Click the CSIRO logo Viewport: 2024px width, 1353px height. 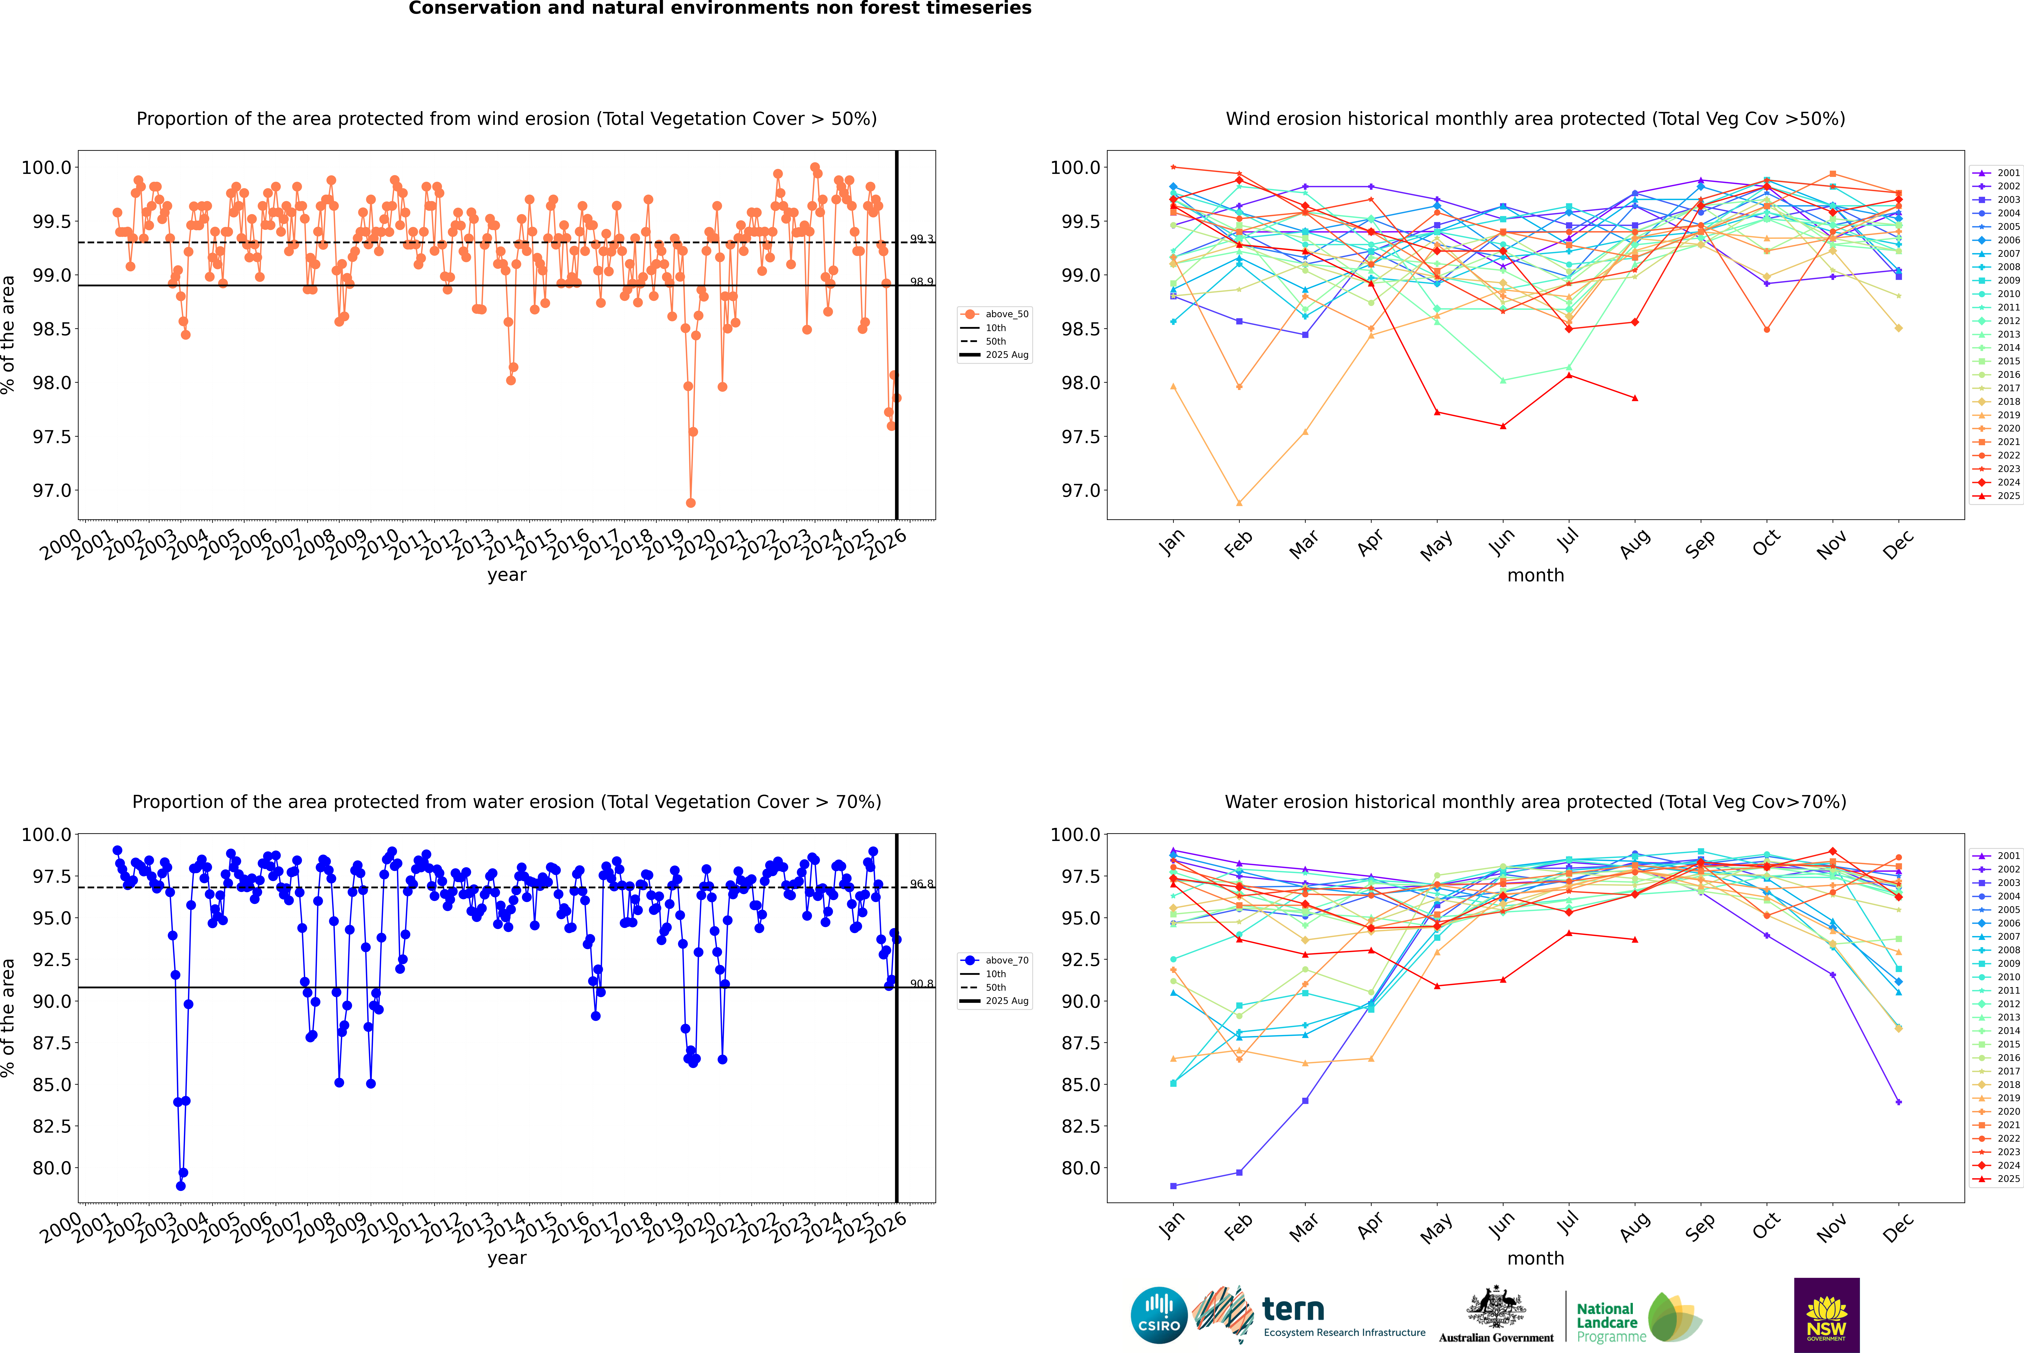click(1159, 1315)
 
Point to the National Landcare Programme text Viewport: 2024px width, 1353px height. click(1606, 1322)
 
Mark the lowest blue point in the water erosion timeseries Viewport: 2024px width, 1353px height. click(180, 1186)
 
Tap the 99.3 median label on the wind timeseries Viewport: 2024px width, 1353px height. click(921, 239)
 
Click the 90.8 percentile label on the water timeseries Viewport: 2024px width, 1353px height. click(921, 984)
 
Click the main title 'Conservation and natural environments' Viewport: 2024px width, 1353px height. click(720, 9)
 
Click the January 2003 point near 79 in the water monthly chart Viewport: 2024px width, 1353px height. click(1173, 1186)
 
